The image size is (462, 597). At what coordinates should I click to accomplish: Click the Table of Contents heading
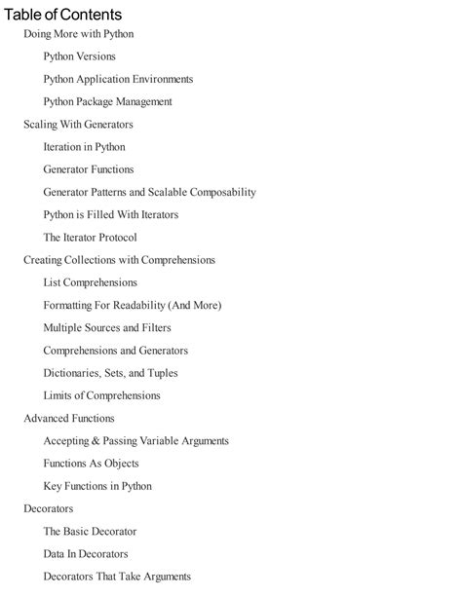pos(63,15)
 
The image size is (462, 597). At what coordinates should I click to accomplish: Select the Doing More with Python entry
pos(78,34)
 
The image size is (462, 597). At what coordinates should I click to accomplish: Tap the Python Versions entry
pos(79,56)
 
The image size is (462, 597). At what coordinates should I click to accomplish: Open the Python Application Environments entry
pos(118,79)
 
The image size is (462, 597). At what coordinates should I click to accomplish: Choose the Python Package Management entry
pos(107,101)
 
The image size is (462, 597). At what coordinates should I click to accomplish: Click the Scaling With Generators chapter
pos(78,125)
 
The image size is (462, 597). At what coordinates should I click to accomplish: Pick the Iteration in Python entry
pos(84,147)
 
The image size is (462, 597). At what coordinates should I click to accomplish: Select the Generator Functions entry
pos(89,169)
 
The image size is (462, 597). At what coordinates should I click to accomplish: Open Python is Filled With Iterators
pos(110,214)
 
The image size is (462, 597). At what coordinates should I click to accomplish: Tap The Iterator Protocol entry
pos(90,238)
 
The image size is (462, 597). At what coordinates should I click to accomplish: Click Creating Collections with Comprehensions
pos(119,260)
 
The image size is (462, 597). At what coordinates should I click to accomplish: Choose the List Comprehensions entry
pos(90,282)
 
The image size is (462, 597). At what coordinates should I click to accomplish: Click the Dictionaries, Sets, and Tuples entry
pos(110,373)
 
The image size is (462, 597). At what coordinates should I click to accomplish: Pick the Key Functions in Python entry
pos(97,486)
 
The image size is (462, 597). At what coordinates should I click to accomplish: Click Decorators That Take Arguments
pos(117,577)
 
